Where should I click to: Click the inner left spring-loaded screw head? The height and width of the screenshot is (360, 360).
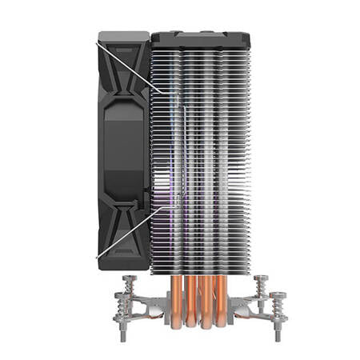tap(130, 279)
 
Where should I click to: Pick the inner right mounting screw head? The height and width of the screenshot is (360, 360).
tap(262, 279)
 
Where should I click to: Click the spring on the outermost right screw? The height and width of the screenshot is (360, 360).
tap(278, 310)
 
